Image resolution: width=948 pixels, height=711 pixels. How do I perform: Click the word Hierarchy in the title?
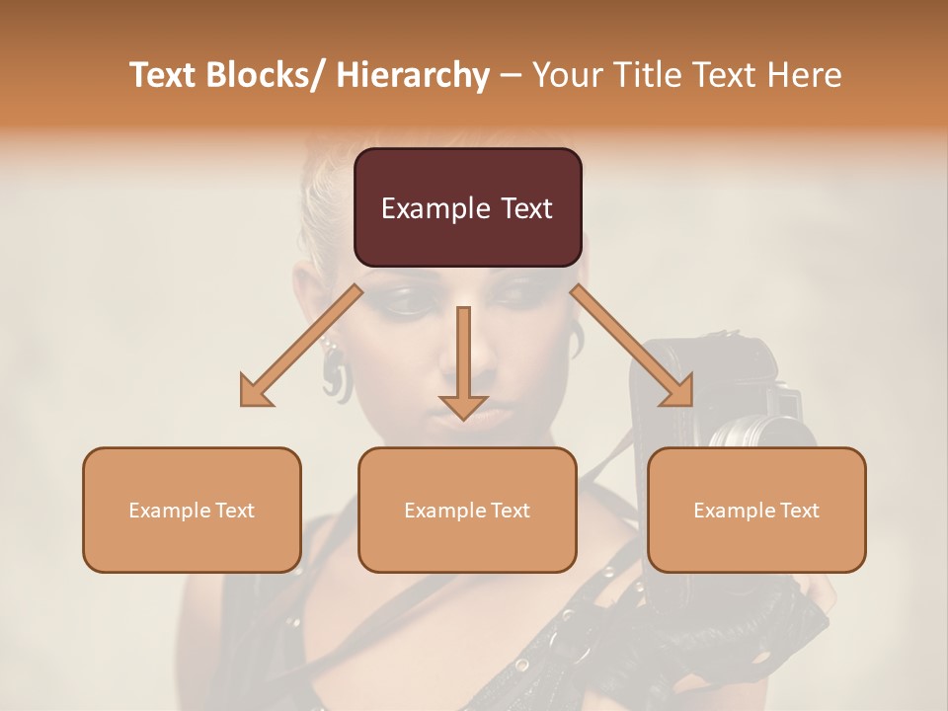(413, 75)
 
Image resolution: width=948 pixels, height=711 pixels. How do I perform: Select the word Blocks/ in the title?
(263, 75)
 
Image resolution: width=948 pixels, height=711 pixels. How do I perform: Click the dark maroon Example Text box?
(467, 207)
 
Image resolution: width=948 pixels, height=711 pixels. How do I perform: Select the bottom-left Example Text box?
(192, 510)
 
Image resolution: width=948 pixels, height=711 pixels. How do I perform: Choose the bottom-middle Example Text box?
(467, 510)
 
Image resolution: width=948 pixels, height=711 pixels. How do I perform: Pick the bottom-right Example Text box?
(756, 510)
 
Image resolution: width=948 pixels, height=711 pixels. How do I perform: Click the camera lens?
(755, 432)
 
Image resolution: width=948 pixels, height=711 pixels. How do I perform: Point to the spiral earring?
(336, 375)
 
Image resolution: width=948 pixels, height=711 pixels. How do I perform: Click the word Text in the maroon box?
(522, 208)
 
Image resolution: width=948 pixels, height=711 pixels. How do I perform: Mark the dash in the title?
(511, 75)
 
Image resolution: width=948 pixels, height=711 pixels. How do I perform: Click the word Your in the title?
(566, 75)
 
